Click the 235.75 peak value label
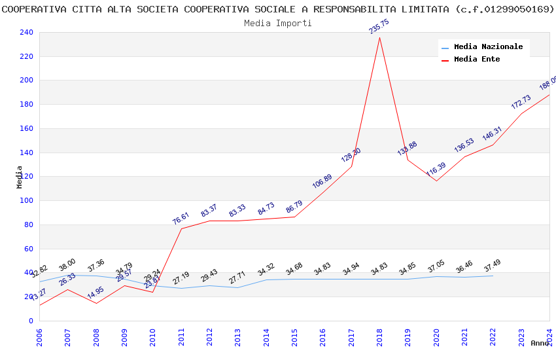pyautogui.click(x=379, y=27)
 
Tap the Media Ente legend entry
pyautogui.click(x=477, y=60)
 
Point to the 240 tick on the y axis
pyautogui.click(x=26, y=33)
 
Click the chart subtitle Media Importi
pyautogui.click(x=278, y=23)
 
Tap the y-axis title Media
pyautogui.click(x=20, y=177)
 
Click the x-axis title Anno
pyautogui.click(x=540, y=343)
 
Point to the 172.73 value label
pyautogui.click(x=521, y=102)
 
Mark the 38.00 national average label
pyautogui.click(x=67, y=264)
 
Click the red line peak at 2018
pyautogui.click(x=379, y=37)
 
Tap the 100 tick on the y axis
pyautogui.click(x=26, y=201)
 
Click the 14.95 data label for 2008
pyautogui.click(x=96, y=292)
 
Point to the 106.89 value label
pyautogui.click(x=322, y=181)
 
